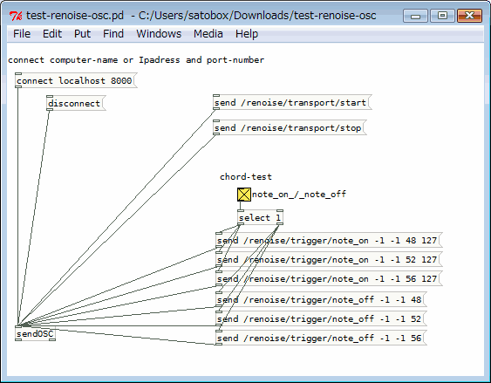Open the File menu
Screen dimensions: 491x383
[22, 33]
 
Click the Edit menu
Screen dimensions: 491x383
[52, 33]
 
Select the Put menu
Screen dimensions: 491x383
[82, 33]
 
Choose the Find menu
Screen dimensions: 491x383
[113, 33]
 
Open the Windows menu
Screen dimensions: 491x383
[159, 33]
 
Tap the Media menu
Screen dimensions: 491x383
[208, 33]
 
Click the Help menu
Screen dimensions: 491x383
[247, 33]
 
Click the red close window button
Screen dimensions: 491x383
[469, 16]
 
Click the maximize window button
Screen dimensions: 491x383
[442, 16]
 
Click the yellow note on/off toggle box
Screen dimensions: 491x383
[244, 195]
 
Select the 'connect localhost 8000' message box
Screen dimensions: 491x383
[76, 80]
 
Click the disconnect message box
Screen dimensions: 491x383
[76, 103]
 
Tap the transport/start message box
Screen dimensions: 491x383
[292, 102]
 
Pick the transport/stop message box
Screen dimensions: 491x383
[290, 127]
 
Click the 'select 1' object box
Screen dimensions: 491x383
[260, 217]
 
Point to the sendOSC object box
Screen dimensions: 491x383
[36, 333]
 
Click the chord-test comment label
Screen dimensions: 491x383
[246, 176]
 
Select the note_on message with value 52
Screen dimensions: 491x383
[329, 260]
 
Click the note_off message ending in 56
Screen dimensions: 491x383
[321, 338]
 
